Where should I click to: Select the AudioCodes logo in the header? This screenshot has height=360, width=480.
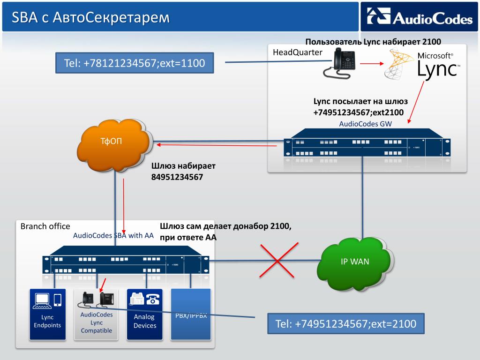click(x=420, y=16)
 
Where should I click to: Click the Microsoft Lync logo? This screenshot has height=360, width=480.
click(x=422, y=64)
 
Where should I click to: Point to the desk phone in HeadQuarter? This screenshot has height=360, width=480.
click(x=339, y=64)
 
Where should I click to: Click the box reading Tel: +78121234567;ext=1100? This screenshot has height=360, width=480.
click(x=135, y=63)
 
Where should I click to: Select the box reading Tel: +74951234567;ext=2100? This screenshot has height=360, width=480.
click(x=346, y=323)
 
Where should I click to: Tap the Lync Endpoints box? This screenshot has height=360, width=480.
click(x=48, y=315)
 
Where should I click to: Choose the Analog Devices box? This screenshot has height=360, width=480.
click(x=145, y=315)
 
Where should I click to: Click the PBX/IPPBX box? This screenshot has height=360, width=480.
click(x=191, y=315)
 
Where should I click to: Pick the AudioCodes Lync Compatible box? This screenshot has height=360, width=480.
click(x=96, y=315)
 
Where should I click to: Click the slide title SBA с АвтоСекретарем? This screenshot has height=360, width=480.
click(x=90, y=17)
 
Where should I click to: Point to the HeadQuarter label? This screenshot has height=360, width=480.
click(x=298, y=52)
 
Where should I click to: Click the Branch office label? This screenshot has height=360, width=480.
click(x=45, y=226)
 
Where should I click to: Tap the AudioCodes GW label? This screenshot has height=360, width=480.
click(x=365, y=124)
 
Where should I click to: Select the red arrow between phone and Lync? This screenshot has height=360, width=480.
click(x=372, y=63)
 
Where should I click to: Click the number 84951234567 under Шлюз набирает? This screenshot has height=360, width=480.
click(x=177, y=177)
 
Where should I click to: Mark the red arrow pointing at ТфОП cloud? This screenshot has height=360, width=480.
click(x=217, y=145)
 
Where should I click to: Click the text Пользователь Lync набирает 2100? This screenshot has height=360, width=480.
click(x=373, y=42)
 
